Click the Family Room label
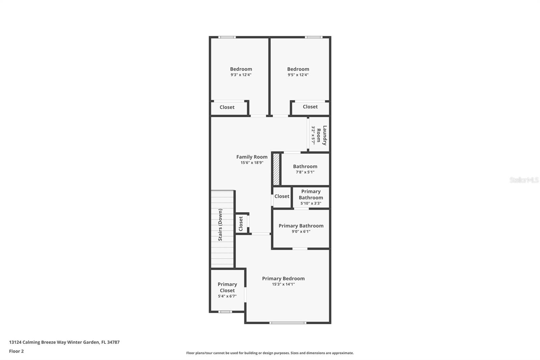252,157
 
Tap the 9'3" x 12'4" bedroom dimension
241,75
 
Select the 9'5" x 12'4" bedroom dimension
298,75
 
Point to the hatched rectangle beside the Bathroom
276,169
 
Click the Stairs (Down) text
220,225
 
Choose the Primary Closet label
227,287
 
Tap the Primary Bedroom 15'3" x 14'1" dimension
283,284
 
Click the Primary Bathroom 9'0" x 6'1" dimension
301,232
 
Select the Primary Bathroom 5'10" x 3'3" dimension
310,203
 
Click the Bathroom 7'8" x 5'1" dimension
305,172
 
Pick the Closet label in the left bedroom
227,107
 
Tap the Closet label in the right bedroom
310,107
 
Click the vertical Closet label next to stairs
241,224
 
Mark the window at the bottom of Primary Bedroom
288,323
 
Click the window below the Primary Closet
225,312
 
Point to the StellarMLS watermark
524,180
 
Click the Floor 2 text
16,351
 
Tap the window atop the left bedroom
227,37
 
